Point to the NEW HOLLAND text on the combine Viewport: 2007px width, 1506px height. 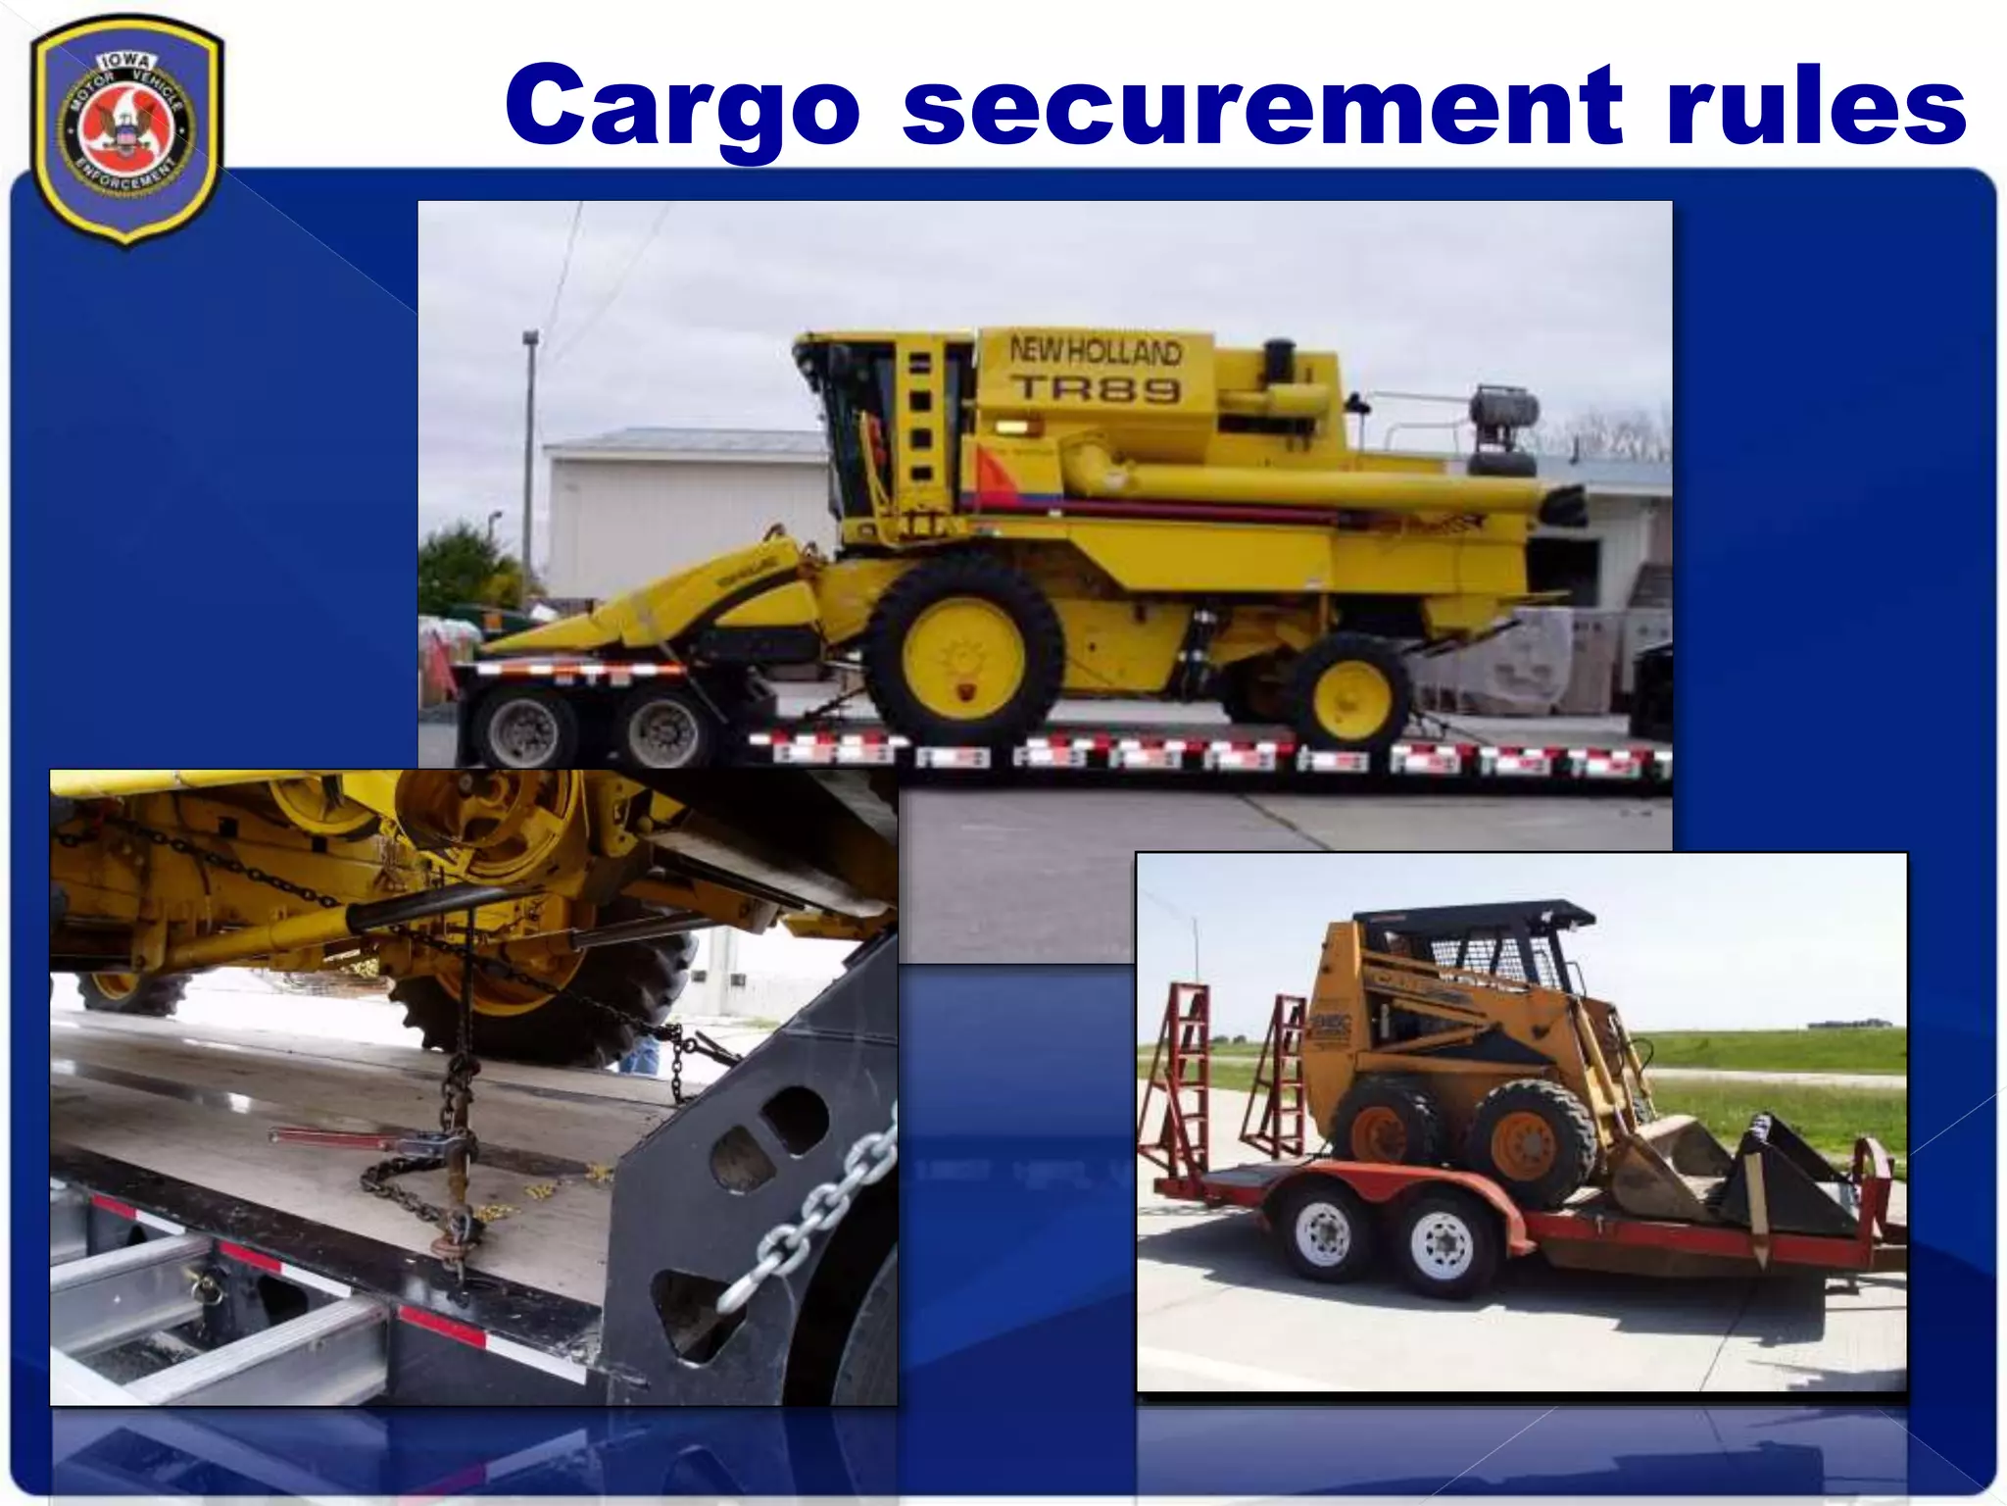(x=1096, y=350)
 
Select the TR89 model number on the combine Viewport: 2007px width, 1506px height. (x=1096, y=389)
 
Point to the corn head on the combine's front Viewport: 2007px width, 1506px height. (x=666, y=608)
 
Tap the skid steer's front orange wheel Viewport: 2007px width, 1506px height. (x=1533, y=1143)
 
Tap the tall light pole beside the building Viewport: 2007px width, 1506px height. (x=530, y=461)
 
